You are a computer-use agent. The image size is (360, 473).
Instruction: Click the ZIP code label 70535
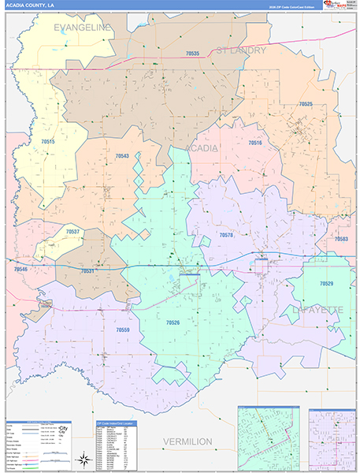[194, 54]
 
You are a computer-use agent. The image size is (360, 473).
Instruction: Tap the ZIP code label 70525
[306, 104]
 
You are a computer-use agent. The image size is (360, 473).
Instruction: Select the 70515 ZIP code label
[49, 141]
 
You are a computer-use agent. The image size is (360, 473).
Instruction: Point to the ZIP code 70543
[122, 156]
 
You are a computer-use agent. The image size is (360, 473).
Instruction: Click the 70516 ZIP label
[255, 143]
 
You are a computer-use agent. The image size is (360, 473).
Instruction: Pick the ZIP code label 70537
[73, 232]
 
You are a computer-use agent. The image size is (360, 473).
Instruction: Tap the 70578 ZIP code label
[226, 235]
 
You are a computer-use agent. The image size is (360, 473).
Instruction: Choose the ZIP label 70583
[341, 238]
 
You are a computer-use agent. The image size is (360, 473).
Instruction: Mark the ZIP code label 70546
[20, 270]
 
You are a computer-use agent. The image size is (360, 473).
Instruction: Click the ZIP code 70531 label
[87, 270]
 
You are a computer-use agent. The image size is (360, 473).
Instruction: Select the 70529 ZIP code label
[326, 283]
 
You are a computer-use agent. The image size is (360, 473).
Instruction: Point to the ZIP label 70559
[122, 330]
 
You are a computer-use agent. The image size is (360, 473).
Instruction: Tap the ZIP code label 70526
[173, 322]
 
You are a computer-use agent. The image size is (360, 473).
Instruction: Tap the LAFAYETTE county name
[327, 311]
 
